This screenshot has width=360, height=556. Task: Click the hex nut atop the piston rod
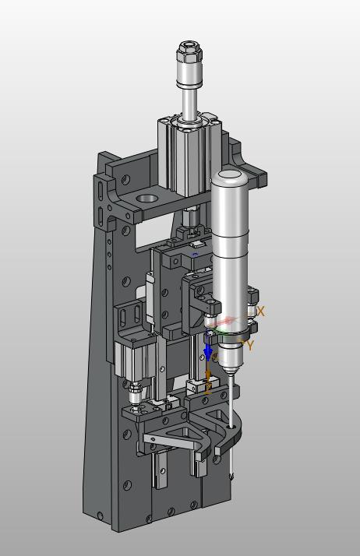(x=189, y=51)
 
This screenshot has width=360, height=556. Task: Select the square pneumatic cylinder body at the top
(x=189, y=156)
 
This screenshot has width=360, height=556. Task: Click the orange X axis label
(x=261, y=311)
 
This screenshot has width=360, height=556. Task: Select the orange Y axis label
(x=250, y=345)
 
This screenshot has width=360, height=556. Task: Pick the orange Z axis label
(x=209, y=389)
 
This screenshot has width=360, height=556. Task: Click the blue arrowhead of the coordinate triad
(x=208, y=353)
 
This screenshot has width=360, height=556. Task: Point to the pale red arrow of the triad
(x=225, y=322)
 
